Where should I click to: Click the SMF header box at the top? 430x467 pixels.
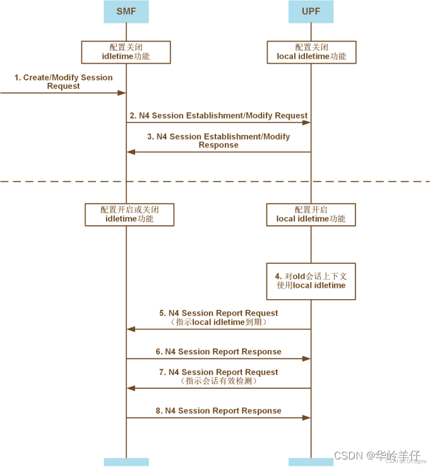126,11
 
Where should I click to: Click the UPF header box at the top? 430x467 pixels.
311,11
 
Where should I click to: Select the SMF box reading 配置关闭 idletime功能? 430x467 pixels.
126,52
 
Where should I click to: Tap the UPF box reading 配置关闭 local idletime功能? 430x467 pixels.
311,52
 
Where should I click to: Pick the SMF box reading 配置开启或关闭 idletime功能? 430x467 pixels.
129,215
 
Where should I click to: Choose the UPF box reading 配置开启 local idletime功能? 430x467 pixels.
311,215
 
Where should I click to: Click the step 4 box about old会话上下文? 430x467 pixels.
311,281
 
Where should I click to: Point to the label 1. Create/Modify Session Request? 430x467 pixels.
63,81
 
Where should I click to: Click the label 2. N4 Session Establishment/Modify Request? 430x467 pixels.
218,116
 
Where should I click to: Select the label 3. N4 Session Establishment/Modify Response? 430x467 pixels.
218,141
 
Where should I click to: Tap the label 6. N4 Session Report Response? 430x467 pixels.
218,352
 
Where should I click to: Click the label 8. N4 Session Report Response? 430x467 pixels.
218,411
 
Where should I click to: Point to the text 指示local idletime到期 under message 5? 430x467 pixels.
218,322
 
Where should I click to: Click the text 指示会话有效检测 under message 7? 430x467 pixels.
218,381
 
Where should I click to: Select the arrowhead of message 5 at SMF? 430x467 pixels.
131,329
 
